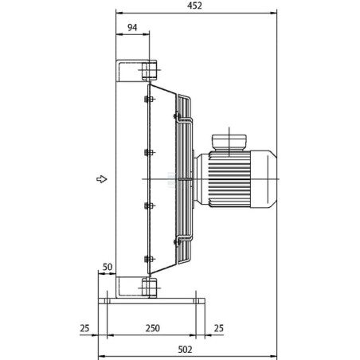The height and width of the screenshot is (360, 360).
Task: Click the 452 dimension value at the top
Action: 194,6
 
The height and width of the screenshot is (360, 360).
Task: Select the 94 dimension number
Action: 132,27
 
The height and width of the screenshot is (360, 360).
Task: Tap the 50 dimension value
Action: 108,267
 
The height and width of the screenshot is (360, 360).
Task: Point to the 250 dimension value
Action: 153,328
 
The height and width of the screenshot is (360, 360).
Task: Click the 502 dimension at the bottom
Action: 185,350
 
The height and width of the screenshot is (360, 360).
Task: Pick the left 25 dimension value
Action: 84,328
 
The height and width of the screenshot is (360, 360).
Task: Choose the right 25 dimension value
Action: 218,328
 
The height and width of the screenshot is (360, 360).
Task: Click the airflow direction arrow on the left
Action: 102,179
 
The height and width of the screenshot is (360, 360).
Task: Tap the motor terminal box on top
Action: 229,143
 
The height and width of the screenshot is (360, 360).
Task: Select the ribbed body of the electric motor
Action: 229,179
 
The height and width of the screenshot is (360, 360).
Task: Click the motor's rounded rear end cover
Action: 264,179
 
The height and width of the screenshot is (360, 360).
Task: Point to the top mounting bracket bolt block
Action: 149,70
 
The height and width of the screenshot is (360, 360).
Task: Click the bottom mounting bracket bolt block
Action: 150,287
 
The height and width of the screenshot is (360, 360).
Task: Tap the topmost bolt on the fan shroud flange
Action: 149,100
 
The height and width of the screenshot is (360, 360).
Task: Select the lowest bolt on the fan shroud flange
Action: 149,259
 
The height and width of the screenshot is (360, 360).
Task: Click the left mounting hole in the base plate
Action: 107,301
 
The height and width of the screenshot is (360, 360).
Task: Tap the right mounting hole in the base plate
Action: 196,301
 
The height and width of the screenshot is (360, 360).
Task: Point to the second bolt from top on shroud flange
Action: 149,153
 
